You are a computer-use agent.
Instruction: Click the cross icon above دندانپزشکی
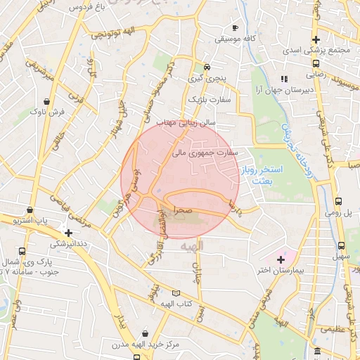[68, 232]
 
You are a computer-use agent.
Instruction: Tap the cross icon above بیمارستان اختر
[281, 259]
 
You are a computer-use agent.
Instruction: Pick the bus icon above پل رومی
[340, 200]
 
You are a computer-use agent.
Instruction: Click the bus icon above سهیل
[341, 245]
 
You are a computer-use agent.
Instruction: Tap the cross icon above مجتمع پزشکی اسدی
[316, 39]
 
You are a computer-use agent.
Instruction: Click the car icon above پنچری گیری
[207, 60]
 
